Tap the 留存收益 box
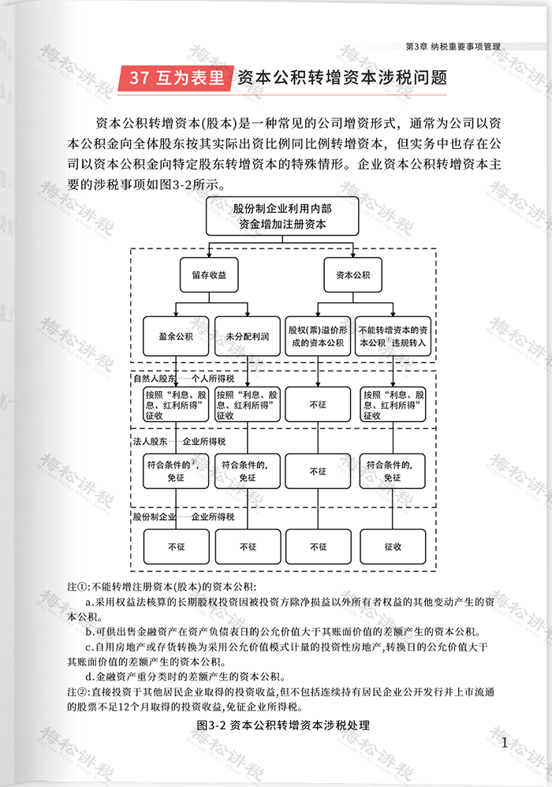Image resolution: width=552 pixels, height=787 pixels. (208, 276)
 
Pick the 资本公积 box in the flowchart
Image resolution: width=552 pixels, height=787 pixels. (352, 276)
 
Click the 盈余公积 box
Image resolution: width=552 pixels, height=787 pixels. (176, 335)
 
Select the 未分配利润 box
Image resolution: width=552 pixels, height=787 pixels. (248, 335)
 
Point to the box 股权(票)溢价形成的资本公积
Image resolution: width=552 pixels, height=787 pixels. (318, 335)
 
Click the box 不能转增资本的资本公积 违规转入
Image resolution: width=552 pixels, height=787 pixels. (392, 335)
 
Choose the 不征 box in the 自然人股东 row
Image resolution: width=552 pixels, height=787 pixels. (318, 404)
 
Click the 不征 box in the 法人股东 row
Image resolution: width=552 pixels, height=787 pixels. (318, 472)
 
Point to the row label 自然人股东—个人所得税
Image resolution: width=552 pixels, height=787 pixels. (179, 378)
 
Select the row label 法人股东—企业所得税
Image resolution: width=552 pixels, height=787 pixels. (179, 441)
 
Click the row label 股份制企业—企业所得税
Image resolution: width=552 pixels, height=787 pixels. (184, 516)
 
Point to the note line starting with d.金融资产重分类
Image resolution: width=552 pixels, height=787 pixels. (186, 677)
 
